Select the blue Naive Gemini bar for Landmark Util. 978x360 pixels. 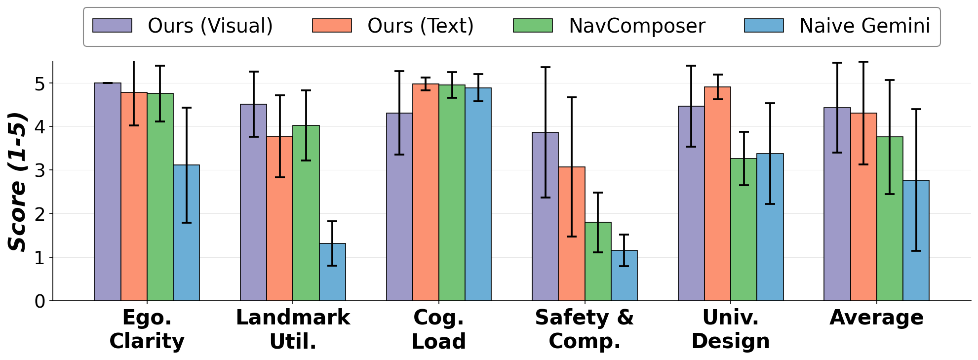pos(332,272)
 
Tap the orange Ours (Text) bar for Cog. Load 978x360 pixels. pos(426,192)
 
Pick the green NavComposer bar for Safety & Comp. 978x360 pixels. pos(598,261)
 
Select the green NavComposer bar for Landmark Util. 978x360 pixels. pos(306,213)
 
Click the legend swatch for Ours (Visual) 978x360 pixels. pos(112,26)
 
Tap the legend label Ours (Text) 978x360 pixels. pos(420,26)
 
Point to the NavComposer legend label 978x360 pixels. pos(637,26)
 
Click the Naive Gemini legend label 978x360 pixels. pos(864,26)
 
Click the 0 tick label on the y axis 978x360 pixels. pos(40,301)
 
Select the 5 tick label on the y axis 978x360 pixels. pos(40,83)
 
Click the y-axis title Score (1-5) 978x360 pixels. pos(18,182)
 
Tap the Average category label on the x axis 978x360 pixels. pos(876,318)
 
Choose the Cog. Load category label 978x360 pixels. pos(439,329)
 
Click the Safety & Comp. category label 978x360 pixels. pos(585,329)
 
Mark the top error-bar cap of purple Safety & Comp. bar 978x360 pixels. pos(546,67)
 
